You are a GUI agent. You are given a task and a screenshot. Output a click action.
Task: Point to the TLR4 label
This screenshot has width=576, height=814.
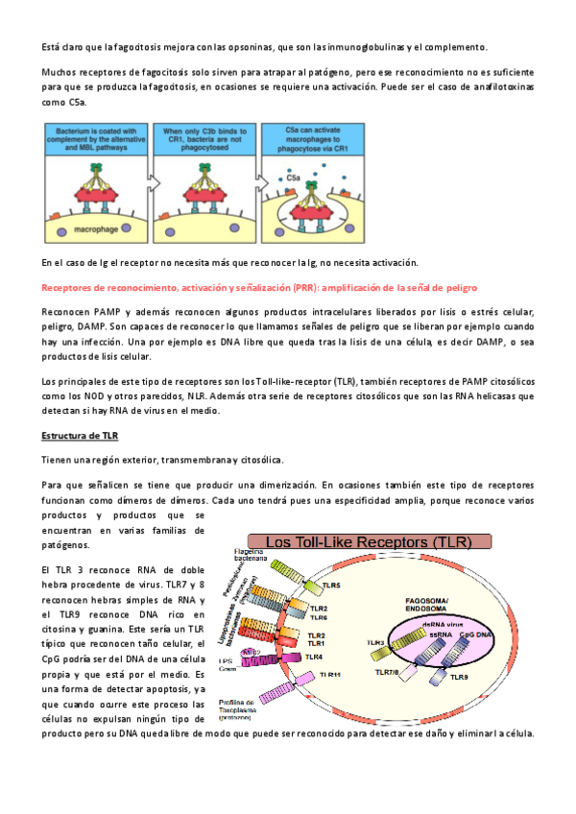coord(314,657)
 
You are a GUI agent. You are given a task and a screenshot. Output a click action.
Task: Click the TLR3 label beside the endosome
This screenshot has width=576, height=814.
coord(375,642)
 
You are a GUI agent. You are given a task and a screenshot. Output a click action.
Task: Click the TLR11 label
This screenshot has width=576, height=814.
coord(330,675)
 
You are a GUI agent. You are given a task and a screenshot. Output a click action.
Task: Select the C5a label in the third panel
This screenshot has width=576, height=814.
coord(295,175)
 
